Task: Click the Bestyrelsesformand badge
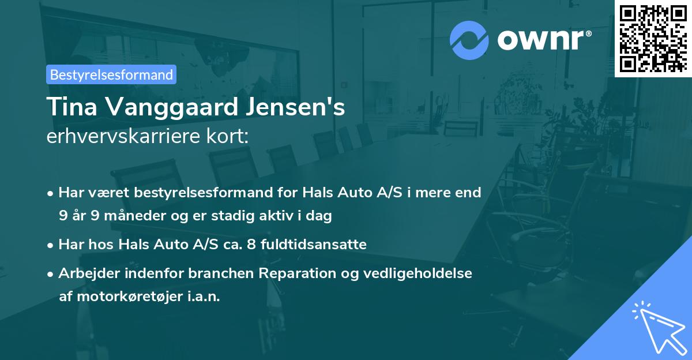tap(111, 74)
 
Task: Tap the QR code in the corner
tap(653, 38)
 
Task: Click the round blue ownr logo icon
tap(469, 40)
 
